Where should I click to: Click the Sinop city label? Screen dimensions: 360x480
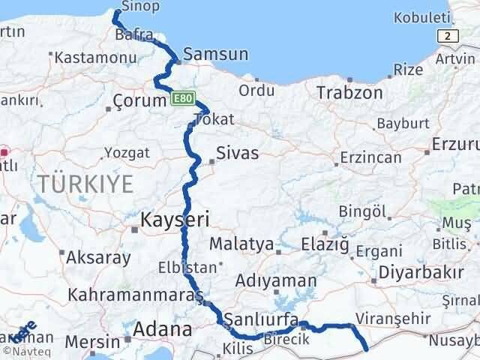(x=145, y=7)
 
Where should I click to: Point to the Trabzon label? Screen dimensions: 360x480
(x=349, y=92)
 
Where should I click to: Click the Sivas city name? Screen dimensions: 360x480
(x=237, y=153)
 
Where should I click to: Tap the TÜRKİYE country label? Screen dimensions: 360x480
(x=86, y=182)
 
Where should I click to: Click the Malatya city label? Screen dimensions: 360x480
(x=241, y=244)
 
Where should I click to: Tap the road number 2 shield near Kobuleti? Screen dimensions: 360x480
(x=448, y=35)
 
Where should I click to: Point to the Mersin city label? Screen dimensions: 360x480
(x=93, y=342)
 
